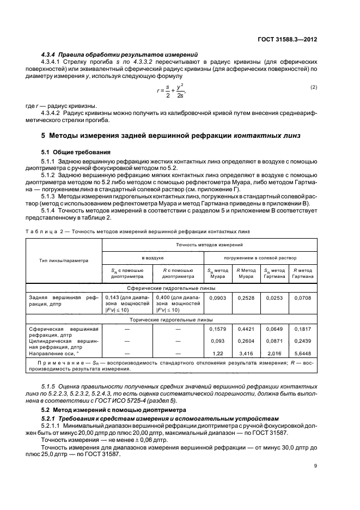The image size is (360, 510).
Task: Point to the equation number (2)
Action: [313, 87]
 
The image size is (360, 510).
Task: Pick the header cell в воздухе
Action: [152, 256]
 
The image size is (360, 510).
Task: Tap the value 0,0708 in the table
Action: [302, 297]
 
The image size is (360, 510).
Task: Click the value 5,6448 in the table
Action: [302, 353]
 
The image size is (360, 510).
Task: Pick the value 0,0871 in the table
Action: [274, 341]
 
